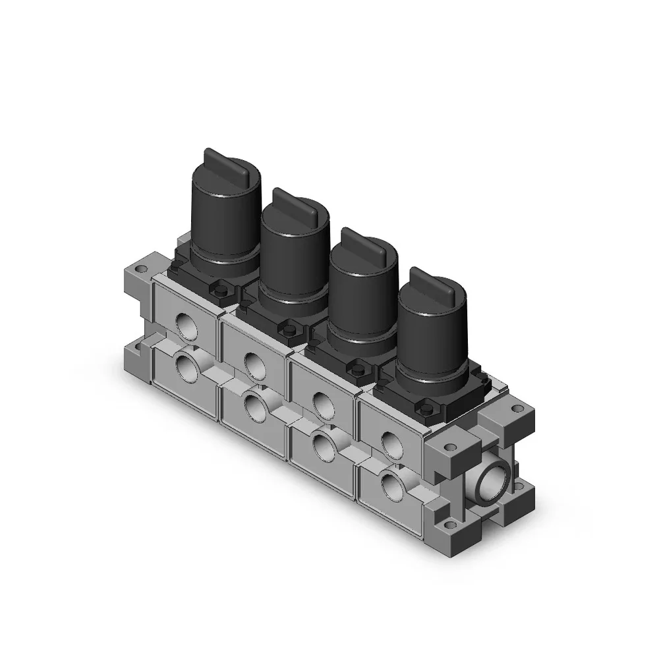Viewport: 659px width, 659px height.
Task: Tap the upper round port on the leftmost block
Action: [x=185, y=322]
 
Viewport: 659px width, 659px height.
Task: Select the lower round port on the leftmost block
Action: [x=185, y=366]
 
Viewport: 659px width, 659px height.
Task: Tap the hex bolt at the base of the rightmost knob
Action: [x=424, y=409]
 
